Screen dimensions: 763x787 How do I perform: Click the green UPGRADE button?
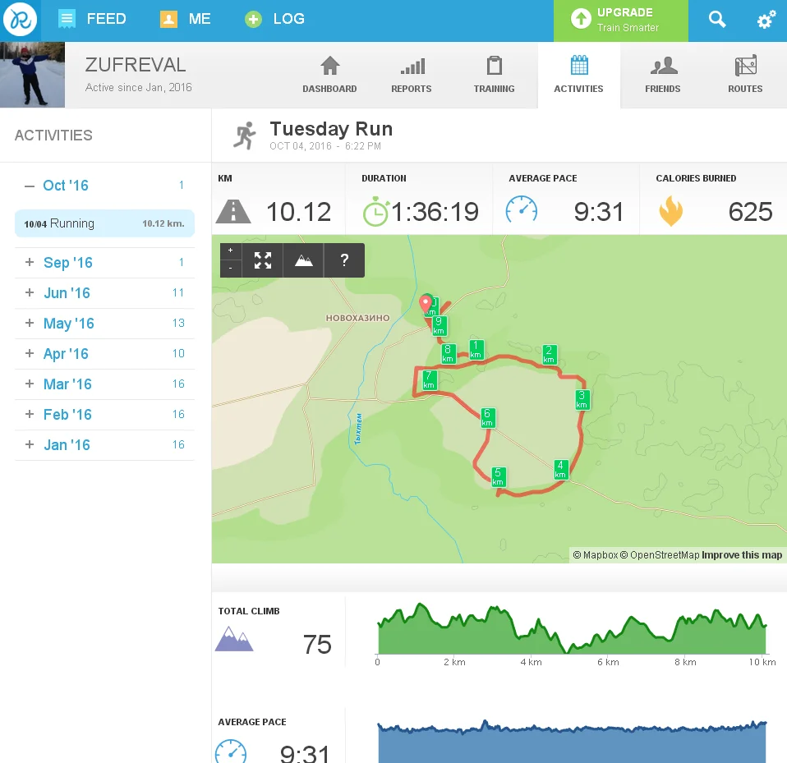tap(620, 20)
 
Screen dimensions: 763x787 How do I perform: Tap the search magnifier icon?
tap(717, 20)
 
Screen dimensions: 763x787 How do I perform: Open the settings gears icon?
tap(766, 20)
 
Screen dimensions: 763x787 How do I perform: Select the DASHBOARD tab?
tap(329, 75)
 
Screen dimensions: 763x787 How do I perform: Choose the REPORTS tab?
tap(412, 75)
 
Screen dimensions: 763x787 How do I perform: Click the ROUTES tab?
tap(745, 75)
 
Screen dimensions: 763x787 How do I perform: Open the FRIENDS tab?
tap(663, 75)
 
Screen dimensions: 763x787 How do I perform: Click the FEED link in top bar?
tap(92, 19)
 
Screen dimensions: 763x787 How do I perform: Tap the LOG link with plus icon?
tap(275, 19)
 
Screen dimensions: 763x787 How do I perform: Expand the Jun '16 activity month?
tap(67, 293)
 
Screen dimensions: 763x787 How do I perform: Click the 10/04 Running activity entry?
tap(104, 223)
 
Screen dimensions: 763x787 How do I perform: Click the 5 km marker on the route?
tap(498, 476)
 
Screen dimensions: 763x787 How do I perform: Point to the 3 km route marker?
tap(582, 399)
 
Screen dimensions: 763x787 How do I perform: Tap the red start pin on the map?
tap(426, 303)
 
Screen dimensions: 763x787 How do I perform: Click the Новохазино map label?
tap(357, 318)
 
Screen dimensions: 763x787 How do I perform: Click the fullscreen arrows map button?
tap(263, 260)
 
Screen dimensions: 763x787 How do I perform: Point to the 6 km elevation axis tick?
tap(608, 662)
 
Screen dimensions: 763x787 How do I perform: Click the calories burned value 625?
tap(750, 212)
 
